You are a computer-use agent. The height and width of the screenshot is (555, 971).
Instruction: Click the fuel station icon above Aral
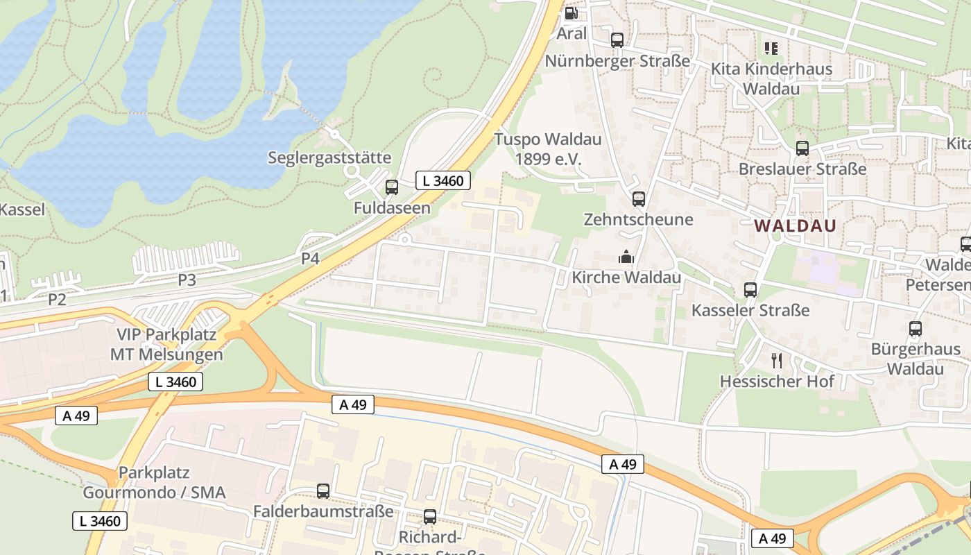click(x=571, y=12)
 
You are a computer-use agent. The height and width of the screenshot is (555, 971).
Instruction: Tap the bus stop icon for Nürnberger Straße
click(x=617, y=40)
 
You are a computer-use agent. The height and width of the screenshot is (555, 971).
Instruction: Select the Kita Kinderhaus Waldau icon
click(x=771, y=48)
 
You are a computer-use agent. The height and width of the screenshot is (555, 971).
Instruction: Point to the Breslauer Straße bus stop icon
click(x=802, y=148)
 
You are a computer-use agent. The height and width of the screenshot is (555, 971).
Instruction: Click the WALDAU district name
click(x=795, y=225)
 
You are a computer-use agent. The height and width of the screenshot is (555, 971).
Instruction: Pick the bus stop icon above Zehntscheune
click(x=639, y=199)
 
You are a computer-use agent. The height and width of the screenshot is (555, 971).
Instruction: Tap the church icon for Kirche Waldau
click(x=626, y=257)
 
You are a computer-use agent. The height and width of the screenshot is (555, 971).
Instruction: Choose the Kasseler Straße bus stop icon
click(x=750, y=290)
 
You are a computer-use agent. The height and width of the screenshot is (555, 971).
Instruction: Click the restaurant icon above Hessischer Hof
click(x=777, y=361)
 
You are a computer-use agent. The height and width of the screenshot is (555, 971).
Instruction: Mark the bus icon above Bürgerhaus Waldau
click(x=916, y=329)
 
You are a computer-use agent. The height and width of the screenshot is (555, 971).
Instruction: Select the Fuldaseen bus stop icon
click(x=392, y=187)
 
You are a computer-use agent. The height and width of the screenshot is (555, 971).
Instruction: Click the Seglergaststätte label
click(x=329, y=158)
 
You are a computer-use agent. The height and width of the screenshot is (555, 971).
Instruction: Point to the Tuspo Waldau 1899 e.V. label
click(x=548, y=149)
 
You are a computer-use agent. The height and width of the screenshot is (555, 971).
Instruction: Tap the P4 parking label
click(x=310, y=259)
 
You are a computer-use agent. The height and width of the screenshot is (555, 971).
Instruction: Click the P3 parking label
click(x=187, y=280)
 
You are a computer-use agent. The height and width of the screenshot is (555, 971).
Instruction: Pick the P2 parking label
click(x=57, y=299)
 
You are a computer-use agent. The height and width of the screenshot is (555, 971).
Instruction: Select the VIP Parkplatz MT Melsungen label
click(x=166, y=345)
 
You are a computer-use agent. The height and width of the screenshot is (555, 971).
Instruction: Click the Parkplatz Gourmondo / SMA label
click(x=154, y=483)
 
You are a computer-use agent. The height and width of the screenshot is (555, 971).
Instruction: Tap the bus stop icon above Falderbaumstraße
click(x=323, y=491)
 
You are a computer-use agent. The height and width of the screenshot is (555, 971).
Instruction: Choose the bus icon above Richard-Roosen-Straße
click(x=430, y=517)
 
